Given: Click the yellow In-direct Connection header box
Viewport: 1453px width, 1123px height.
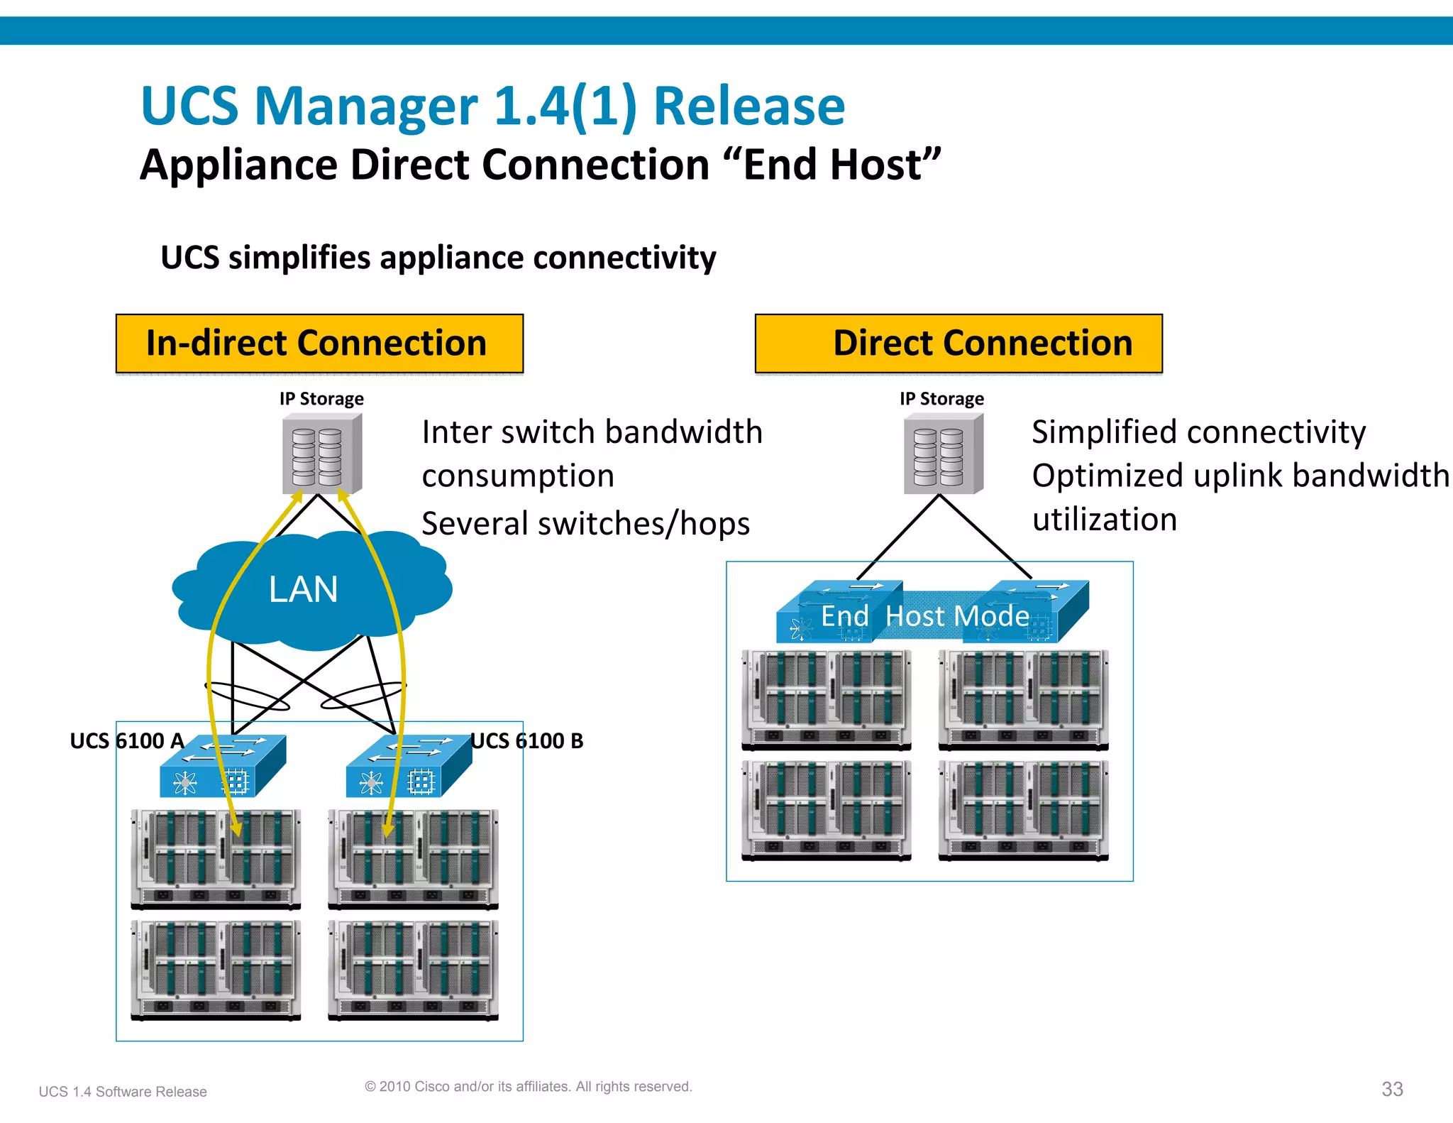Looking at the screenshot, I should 319,344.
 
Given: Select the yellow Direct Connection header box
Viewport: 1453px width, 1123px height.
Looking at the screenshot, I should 958,344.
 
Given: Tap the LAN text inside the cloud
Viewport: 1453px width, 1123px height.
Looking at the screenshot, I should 304,589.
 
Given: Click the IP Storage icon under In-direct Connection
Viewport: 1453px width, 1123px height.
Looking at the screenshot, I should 322,455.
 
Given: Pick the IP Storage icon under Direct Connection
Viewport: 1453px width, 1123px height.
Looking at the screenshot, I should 943,455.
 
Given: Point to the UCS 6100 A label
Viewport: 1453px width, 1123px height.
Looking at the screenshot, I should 126,741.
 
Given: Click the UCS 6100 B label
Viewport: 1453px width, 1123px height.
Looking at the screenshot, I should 527,741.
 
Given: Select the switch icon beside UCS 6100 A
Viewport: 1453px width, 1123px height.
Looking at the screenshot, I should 223,767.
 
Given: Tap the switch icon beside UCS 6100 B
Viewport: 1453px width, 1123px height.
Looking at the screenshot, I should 409,767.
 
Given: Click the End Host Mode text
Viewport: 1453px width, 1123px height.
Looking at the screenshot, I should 924,616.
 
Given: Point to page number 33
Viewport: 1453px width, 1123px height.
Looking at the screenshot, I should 1392,1089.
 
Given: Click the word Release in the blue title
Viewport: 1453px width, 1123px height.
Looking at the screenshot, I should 749,106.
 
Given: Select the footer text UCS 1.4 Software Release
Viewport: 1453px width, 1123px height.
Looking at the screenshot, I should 123,1092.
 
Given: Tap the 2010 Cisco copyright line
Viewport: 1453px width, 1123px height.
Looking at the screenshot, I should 528,1087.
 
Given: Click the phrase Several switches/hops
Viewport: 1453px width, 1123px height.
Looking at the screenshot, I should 585,524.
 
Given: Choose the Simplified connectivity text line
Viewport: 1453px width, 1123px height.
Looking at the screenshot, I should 1198,432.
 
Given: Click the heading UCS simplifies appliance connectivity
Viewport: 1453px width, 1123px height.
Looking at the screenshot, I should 438,258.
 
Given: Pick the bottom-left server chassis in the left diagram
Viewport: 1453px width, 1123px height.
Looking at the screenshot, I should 216,970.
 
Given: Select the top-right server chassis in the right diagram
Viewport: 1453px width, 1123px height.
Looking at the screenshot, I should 1023,700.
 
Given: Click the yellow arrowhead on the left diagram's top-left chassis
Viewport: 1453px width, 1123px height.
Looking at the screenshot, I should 236,828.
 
